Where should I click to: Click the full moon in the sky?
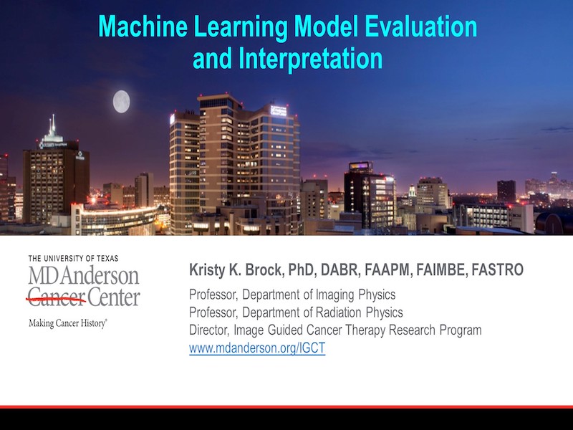[x=121, y=102]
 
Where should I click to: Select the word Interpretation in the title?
[x=310, y=59]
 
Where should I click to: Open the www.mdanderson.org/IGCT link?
[x=257, y=348]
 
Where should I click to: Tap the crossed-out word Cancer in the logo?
[x=57, y=297]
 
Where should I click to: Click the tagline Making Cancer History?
[x=67, y=324]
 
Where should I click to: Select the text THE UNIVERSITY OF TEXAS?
[x=73, y=259]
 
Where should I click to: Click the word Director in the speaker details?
[x=209, y=330]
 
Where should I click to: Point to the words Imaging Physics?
[x=355, y=295]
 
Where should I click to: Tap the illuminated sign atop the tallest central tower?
[x=279, y=110]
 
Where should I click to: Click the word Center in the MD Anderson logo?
[x=114, y=297]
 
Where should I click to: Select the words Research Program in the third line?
[x=435, y=330]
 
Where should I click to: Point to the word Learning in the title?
[x=241, y=27]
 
